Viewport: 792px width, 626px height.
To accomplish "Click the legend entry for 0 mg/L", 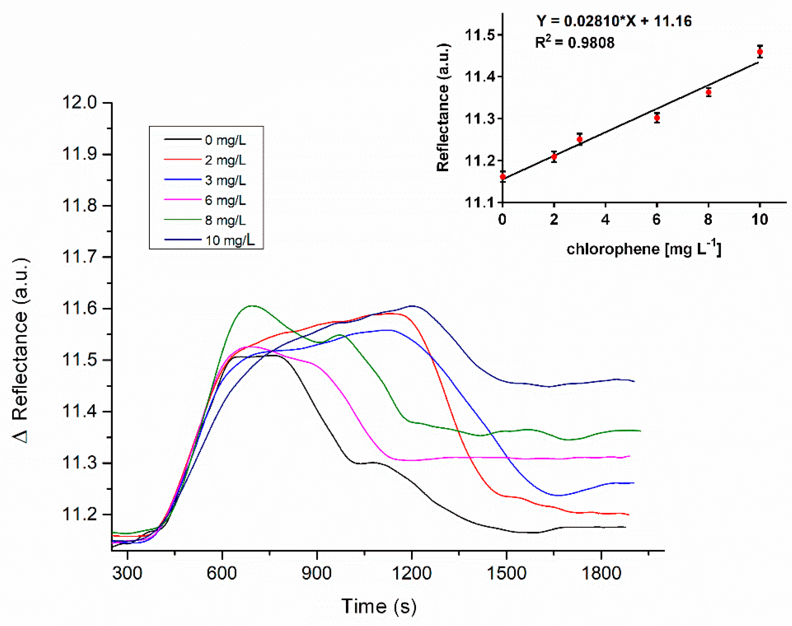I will click(x=225, y=140).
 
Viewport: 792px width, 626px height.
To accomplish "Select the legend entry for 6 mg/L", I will click(x=225, y=200).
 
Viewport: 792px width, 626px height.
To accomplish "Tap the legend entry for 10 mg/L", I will click(x=230, y=240).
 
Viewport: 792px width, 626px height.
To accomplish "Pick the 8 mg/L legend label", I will click(x=225, y=220).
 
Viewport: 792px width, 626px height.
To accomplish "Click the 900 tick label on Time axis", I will click(x=316, y=573).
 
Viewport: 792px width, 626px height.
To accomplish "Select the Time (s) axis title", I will click(x=379, y=606).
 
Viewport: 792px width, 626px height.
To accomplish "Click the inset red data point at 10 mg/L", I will click(x=760, y=52).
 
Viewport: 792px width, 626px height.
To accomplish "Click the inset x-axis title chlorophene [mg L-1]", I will click(x=644, y=249).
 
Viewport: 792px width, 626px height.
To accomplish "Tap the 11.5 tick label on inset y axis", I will click(x=479, y=35).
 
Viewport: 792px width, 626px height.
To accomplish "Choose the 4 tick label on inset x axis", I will click(x=605, y=219).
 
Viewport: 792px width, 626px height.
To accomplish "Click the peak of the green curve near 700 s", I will click(x=253, y=306).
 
